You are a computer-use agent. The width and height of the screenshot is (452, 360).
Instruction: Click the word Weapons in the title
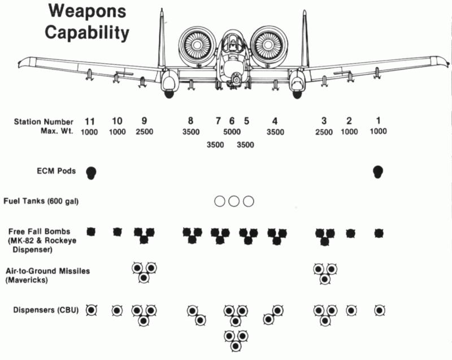[x=87, y=12]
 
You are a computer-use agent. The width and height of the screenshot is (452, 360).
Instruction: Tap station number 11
[x=90, y=122]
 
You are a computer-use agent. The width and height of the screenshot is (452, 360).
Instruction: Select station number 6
[x=232, y=121]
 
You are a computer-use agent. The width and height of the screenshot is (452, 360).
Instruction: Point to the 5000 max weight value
[x=232, y=132]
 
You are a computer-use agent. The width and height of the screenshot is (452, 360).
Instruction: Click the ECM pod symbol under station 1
[x=377, y=172]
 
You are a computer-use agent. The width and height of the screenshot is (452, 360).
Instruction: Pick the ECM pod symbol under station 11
[x=91, y=173]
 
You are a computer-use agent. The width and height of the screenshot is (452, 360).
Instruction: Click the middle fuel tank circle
[x=234, y=201]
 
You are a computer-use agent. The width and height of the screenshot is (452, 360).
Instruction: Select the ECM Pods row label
[x=56, y=171]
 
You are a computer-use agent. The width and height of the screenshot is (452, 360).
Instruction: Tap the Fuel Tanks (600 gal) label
[x=41, y=201]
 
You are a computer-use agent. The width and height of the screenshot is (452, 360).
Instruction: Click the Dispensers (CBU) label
[x=46, y=310]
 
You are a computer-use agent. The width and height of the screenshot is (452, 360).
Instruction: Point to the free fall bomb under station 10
[x=117, y=232]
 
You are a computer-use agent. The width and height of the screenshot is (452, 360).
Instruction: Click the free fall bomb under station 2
[x=350, y=233]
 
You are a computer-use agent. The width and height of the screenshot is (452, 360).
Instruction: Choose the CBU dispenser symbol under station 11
[x=92, y=310]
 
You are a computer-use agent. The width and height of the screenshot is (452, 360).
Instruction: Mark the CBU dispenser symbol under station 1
[x=379, y=310]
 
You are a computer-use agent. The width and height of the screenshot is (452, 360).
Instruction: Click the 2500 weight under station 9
[x=145, y=132]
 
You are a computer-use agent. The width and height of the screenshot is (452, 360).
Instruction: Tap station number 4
[x=275, y=121]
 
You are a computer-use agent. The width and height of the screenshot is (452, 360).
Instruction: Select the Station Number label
[x=44, y=122]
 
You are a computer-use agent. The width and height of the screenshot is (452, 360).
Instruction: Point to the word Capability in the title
[x=87, y=33]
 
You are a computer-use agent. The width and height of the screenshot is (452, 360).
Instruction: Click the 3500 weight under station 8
[x=191, y=132]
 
